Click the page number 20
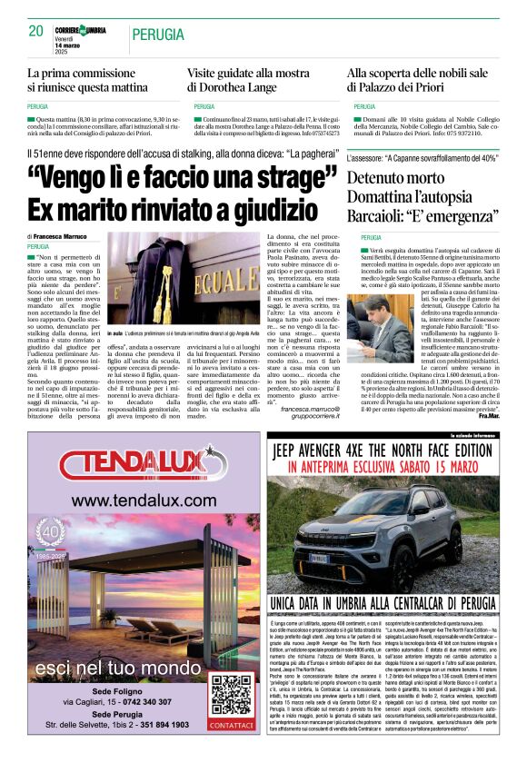35,31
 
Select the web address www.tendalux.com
131,500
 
